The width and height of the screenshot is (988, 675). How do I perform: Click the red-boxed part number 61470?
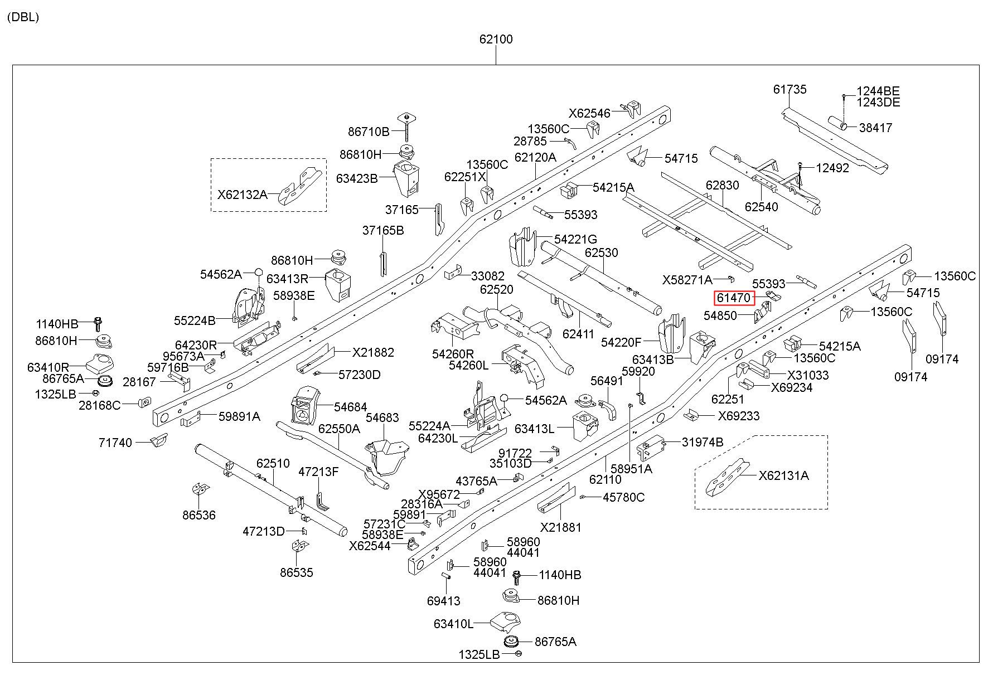[x=734, y=298]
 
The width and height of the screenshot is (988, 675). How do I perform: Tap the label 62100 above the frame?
[x=496, y=40]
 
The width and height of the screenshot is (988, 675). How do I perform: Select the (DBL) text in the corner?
[x=23, y=17]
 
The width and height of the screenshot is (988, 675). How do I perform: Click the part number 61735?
[x=790, y=89]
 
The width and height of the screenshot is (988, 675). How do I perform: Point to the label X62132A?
[x=242, y=195]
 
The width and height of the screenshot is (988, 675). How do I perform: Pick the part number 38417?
[x=875, y=128]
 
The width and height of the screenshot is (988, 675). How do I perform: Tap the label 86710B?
[x=369, y=132]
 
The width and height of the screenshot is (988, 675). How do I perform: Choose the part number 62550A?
[x=339, y=429]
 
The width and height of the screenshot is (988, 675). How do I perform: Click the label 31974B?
[x=703, y=443]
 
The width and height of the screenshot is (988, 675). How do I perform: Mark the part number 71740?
[x=115, y=443]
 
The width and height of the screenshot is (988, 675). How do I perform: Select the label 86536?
[x=198, y=515]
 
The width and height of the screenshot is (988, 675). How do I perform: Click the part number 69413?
[x=444, y=601]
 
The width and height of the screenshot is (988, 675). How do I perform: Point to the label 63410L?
[x=453, y=624]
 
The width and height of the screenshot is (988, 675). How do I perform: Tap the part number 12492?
[x=832, y=168]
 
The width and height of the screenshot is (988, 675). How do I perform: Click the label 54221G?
[x=576, y=239]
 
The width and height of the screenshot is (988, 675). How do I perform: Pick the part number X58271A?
[x=687, y=279]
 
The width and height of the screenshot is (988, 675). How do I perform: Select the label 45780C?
[x=624, y=497]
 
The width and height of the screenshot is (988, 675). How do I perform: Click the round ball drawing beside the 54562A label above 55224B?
[x=258, y=273]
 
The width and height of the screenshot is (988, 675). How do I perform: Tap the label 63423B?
[x=357, y=178]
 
